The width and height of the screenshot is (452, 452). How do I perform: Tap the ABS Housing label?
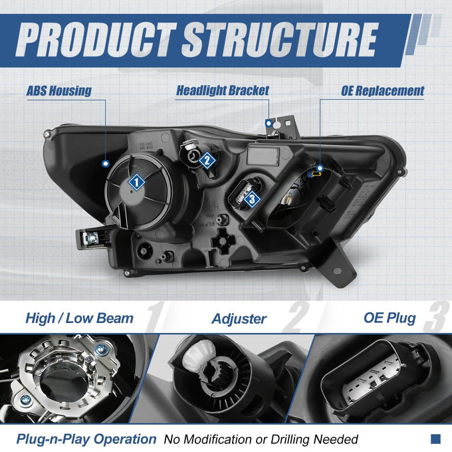59,90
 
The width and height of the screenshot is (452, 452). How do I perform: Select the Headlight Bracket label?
223,90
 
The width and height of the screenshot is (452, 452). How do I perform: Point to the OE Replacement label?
382,90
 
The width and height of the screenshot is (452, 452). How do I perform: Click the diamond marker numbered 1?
136,182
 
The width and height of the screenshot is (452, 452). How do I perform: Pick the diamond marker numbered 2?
207,160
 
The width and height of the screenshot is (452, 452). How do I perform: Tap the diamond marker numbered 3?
252,199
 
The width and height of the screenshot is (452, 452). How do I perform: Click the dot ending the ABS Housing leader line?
106,164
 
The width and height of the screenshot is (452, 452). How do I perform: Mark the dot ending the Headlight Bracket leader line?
269,124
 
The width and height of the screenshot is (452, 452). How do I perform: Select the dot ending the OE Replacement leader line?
320,168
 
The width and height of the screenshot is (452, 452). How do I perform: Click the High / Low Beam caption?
79,318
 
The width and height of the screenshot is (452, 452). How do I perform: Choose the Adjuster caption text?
239,319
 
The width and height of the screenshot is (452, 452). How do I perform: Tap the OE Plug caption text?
390,318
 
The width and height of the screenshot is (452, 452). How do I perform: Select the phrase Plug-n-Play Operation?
86,439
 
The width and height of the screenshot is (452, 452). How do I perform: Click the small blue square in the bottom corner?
435,439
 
